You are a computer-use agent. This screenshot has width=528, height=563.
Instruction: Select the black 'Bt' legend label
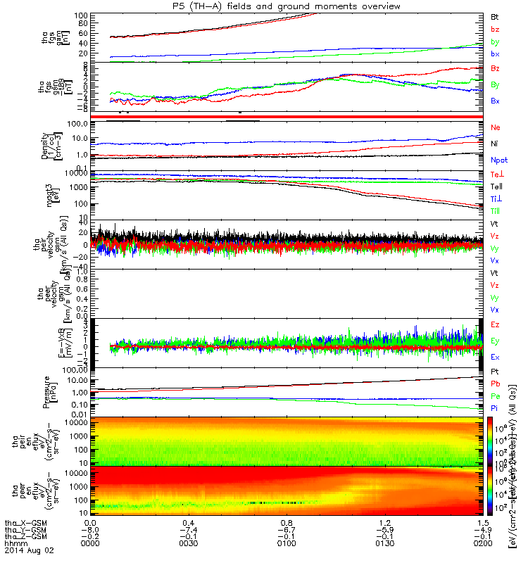(x=495, y=15)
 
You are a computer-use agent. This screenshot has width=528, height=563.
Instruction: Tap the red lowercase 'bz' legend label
(x=495, y=29)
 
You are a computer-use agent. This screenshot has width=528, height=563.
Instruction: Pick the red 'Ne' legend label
(x=495, y=127)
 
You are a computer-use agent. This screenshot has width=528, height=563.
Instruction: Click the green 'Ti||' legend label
(x=495, y=210)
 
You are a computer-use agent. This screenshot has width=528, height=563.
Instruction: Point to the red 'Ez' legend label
(x=495, y=324)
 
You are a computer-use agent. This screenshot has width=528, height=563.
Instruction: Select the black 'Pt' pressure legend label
(x=495, y=371)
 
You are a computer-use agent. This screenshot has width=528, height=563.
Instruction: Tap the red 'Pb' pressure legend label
(x=495, y=384)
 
